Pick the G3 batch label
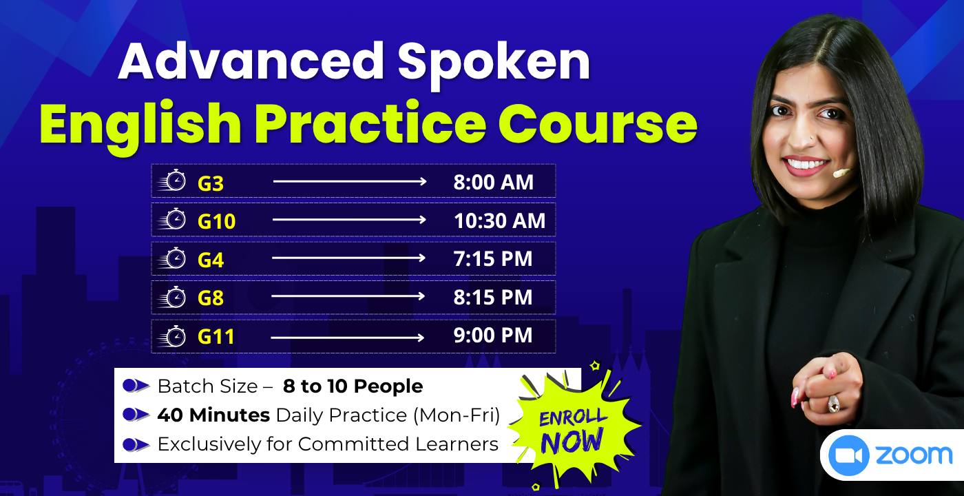click(x=211, y=183)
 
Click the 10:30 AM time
click(x=499, y=220)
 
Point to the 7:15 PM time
click(x=493, y=259)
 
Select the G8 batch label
click(x=211, y=298)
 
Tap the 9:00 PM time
click(x=493, y=335)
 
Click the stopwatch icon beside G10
click(x=174, y=220)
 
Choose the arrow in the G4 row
click(x=348, y=258)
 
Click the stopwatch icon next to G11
click(x=174, y=336)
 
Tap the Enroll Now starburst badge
click(x=573, y=428)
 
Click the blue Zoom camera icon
click(x=849, y=455)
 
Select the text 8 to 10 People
click(x=353, y=386)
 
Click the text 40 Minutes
click(x=213, y=415)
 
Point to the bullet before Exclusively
click(x=136, y=444)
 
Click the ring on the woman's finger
click(x=833, y=404)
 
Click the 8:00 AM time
click(x=493, y=183)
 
